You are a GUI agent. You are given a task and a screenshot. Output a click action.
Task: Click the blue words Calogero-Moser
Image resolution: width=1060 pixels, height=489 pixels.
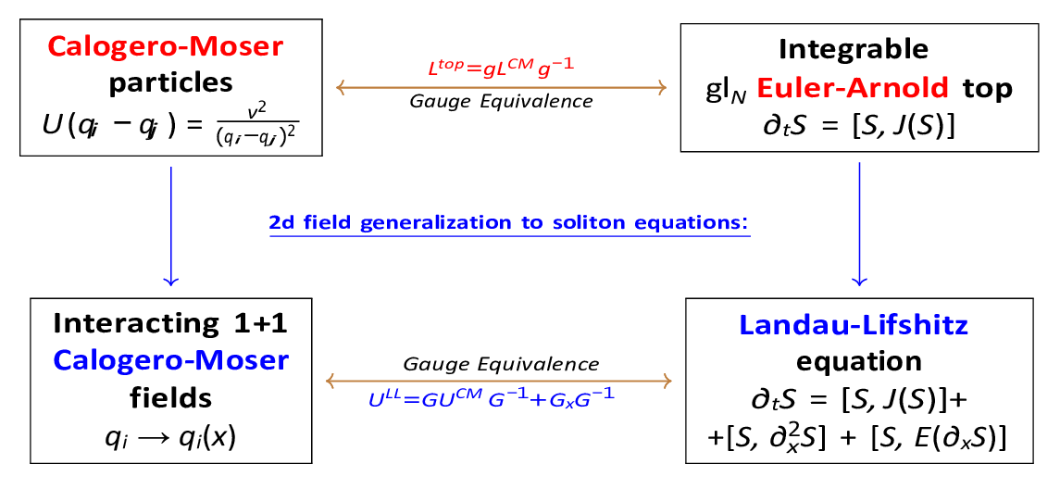pos(171,360)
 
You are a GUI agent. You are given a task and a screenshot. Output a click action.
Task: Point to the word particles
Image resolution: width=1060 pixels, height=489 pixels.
pos(171,82)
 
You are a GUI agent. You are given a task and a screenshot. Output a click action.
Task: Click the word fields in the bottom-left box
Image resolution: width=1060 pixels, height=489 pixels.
pos(171,397)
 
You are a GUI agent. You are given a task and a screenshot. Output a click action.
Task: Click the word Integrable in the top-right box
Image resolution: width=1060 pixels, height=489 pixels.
pos(854,48)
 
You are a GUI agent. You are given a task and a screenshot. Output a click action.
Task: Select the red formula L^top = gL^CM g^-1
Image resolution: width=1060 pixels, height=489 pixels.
pos(501,69)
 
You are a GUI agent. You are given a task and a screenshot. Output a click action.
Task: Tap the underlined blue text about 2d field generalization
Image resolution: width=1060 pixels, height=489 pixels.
pos(508,223)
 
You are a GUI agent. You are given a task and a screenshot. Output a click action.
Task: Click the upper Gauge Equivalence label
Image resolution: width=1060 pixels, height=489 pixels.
pos(501,101)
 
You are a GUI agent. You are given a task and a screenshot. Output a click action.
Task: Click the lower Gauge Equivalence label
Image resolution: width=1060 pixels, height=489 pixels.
pos(501,364)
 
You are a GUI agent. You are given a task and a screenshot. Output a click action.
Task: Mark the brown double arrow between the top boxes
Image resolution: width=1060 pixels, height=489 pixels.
pos(501,87)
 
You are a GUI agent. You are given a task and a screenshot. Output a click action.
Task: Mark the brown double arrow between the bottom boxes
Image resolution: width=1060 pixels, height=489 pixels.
pos(501,381)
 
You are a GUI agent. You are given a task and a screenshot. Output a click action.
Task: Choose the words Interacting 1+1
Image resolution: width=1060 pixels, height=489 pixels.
pos(171,323)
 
